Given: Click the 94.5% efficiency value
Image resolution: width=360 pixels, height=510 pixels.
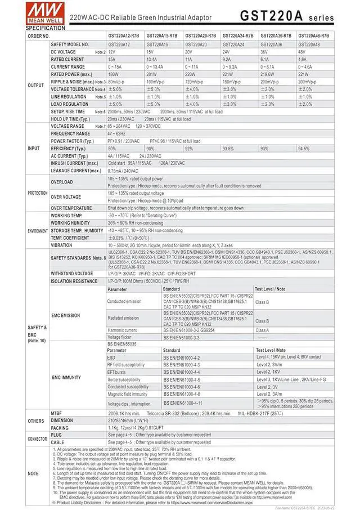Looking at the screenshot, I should pyautogui.click(x=304, y=148).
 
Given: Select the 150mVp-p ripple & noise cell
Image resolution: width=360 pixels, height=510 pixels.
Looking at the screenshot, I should pyautogui.click(x=233, y=82).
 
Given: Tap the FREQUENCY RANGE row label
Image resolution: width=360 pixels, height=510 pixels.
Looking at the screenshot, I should pyautogui.click(x=71, y=133).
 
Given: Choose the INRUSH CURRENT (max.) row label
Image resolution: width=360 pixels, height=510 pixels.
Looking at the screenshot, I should pyautogui.click(x=74, y=163).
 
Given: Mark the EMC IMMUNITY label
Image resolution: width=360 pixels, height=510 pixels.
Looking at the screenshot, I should pyautogui.click(x=66, y=377).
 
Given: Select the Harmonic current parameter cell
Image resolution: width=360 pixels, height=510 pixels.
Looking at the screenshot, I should pyautogui.click(x=122, y=330).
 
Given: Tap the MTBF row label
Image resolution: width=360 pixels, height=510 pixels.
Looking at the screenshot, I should pyautogui.click(x=58, y=413).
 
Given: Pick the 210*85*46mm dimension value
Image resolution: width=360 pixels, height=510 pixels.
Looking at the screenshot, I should pyautogui.click(x=132, y=420).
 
